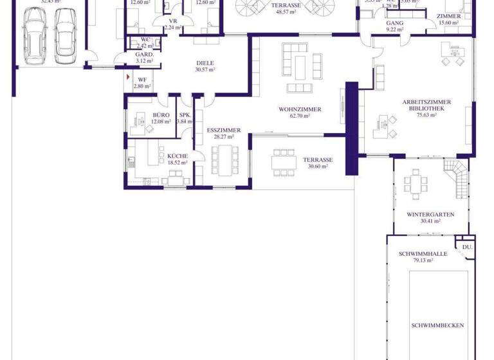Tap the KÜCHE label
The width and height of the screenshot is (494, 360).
178,156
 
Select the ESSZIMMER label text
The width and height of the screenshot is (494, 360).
224,130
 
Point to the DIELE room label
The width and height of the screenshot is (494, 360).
205,63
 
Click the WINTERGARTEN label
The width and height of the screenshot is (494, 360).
431,214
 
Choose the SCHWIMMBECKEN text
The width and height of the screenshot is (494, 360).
437,325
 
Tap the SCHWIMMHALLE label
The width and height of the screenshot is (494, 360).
423,254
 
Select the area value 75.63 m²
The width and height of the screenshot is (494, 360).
426,116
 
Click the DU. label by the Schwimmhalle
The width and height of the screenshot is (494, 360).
467,247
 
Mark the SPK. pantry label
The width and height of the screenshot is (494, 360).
185,115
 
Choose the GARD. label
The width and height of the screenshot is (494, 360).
144,55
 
